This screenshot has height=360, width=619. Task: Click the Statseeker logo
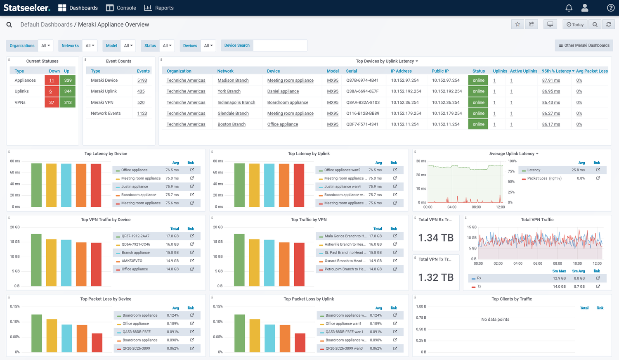(27, 8)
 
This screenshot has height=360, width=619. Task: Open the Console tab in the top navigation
(121, 8)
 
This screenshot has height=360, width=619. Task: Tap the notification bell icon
(569, 8)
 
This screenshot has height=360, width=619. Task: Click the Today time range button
(575, 25)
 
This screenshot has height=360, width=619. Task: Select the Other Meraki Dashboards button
(584, 45)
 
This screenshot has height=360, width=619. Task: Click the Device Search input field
(280, 45)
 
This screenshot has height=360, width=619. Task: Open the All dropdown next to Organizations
(45, 45)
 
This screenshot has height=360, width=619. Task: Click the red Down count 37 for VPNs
(52, 102)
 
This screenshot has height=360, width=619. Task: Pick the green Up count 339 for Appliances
(68, 81)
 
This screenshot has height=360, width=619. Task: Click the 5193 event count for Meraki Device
(142, 81)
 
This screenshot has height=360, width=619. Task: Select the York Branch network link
(229, 91)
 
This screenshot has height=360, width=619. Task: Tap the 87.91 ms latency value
(551, 81)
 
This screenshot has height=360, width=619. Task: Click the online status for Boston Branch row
(478, 124)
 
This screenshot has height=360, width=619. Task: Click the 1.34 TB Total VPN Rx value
(436, 238)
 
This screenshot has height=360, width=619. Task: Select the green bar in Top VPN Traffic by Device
(36, 260)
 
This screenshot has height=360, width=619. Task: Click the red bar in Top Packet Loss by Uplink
(300, 343)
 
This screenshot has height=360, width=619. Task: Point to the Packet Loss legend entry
(537, 178)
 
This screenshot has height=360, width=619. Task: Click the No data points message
(495, 320)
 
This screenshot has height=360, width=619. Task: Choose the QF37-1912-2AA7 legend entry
(135, 236)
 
